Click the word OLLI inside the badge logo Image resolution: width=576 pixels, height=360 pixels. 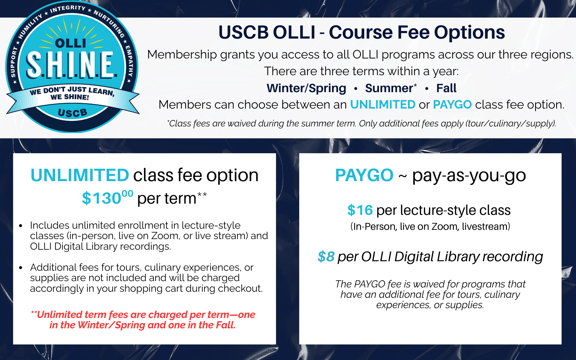coord(71,43)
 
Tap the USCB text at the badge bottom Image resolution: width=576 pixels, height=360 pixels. coord(73,113)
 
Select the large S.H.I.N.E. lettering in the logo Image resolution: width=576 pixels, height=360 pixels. coord(72,65)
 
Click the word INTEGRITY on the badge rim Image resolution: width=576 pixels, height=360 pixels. coord(68,8)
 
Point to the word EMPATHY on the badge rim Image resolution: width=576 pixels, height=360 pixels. coord(129,61)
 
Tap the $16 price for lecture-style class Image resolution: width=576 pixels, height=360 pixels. coord(360,210)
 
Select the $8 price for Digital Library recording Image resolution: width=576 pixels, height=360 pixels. coord(326,256)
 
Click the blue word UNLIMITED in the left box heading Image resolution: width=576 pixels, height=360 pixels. coord(80,175)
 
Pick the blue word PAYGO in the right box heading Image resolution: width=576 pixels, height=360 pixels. coord(364,175)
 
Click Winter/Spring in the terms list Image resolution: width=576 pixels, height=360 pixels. coord(306,88)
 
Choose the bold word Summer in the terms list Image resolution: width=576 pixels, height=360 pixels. coord(389,88)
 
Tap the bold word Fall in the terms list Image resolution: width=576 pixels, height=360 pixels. coord(446,88)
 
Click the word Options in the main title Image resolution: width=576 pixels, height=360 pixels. coord(469,32)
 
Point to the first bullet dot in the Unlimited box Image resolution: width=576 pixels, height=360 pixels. coord(21,226)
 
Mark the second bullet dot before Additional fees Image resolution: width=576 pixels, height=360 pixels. coord(21,268)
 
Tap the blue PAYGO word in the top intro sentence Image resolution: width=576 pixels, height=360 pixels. coord(452,105)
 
